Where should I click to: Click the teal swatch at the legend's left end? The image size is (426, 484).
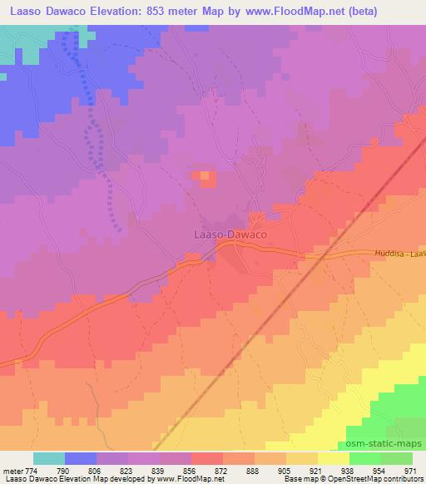pos(49,458)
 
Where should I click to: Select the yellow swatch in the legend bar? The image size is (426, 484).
pos(334,458)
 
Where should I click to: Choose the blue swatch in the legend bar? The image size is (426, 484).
pos(81,458)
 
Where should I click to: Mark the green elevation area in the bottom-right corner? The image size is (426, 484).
pos(404,407)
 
